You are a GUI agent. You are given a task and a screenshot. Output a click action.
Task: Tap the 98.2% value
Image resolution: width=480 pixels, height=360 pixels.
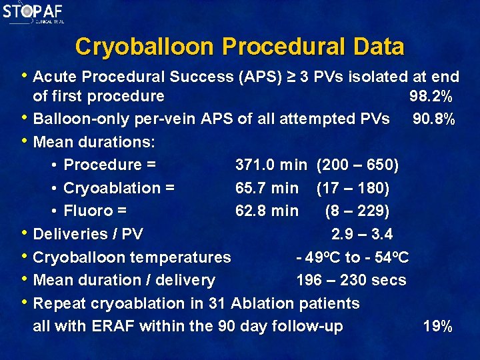[x=431, y=96]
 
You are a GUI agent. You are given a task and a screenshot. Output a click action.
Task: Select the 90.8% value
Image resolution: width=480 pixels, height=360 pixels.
[x=434, y=119]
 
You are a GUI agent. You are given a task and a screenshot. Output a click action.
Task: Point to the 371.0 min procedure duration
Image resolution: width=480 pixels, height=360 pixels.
[x=271, y=165]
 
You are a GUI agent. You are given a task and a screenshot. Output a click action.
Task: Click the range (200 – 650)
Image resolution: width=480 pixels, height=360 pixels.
[x=358, y=165]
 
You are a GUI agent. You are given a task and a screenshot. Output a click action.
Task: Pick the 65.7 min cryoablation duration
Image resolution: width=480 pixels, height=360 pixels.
[x=267, y=188]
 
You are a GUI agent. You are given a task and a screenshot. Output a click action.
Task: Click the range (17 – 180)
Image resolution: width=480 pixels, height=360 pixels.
[x=353, y=188]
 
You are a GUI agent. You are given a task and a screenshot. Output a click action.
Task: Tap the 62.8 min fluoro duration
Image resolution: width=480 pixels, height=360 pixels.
[x=267, y=211]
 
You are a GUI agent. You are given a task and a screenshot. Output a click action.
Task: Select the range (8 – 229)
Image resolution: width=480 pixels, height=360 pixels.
[x=357, y=211]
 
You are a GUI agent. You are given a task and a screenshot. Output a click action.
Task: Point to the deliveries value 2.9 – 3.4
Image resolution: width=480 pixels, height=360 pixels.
[x=362, y=234]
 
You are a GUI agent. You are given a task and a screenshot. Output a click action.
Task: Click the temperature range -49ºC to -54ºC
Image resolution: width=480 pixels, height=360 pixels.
[x=353, y=257]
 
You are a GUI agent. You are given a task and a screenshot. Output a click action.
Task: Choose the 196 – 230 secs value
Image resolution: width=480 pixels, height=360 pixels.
[x=351, y=280]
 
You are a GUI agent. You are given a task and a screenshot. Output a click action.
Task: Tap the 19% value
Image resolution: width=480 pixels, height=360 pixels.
[x=438, y=327]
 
